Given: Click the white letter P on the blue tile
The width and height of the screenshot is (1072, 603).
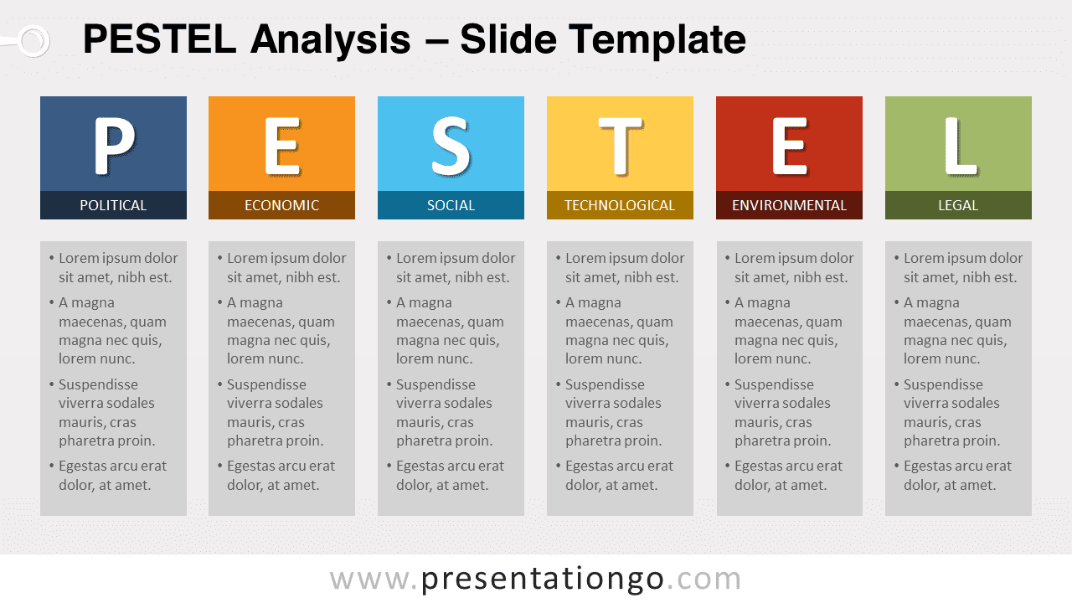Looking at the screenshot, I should [x=113, y=146].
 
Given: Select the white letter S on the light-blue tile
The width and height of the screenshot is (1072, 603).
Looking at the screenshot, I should [x=451, y=146].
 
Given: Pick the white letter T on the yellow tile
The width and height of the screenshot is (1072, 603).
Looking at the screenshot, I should [x=620, y=146].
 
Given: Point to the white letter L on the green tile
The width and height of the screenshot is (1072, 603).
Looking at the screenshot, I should [x=958, y=146].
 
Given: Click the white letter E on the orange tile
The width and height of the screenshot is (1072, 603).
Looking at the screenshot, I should [x=281, y=146].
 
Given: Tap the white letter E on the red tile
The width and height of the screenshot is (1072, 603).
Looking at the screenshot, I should [x=789, y=146].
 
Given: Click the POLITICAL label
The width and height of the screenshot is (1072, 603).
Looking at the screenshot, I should [x=113, y=205].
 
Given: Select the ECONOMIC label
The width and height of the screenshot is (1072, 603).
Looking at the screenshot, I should [x=281, y=205].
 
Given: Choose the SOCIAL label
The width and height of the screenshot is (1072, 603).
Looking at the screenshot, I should [x=451, y=205].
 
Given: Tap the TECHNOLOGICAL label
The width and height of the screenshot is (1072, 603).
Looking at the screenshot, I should [x=620, y=205].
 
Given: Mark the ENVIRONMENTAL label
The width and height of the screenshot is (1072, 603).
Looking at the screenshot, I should [x=789, y=205].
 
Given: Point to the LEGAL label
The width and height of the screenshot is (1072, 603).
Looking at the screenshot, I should [x=958, y=205].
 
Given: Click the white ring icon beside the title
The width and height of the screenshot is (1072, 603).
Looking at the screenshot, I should [x=33, y=40].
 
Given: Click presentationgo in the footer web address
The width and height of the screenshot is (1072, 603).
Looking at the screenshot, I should [x=543, y=579].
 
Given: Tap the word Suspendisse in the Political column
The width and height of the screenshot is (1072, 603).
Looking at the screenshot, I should [x=98, y=385].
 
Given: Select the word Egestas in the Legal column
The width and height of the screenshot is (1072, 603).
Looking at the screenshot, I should [x=930, y=466].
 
